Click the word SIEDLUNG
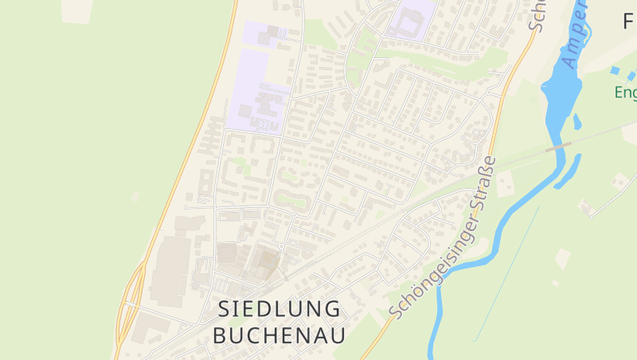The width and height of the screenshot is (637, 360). click(279, 309)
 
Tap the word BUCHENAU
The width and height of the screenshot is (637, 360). click(279, 335)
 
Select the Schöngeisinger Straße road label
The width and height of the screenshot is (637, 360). click(443, 238)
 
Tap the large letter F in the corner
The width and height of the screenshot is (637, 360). click(628, 22)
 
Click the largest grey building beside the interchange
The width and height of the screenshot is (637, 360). click(170, 271)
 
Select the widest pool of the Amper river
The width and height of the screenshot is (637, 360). click(561, 84)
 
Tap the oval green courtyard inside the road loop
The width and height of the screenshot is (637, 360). click(291, 198)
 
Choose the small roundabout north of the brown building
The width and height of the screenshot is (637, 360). click(281, 247)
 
